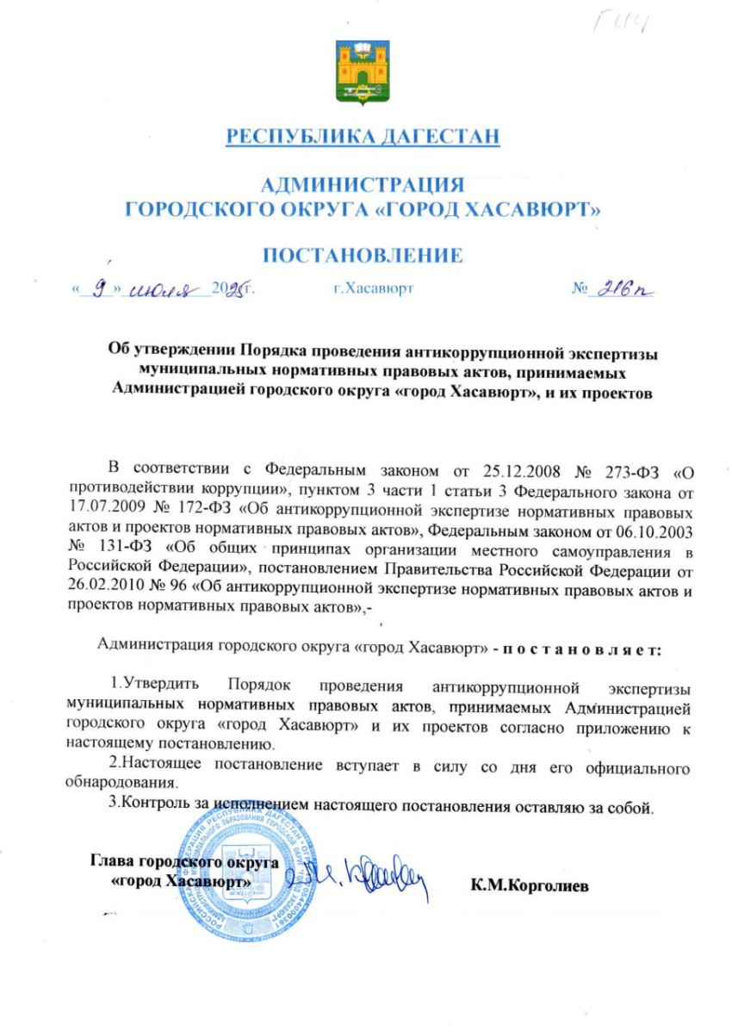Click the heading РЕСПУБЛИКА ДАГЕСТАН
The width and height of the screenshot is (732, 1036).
coord(363,136)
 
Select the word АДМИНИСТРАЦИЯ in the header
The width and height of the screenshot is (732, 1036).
coord(362,184)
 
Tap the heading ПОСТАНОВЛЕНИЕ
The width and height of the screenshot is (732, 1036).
coord(363,255)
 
